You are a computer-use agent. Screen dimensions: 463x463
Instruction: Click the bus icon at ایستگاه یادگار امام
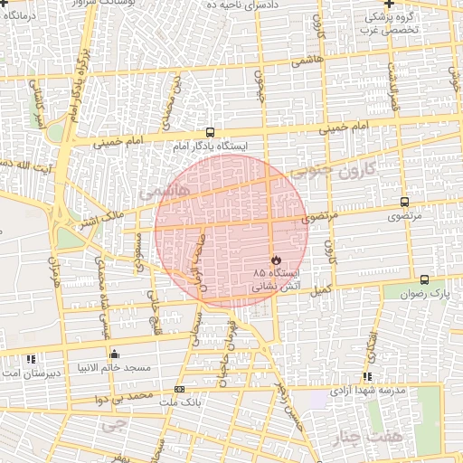coord(210,131)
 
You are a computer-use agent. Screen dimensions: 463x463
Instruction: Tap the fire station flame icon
coord(276,260)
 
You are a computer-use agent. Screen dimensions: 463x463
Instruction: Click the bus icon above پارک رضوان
coord(425,279)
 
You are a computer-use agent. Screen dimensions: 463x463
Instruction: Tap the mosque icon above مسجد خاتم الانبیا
coord(114,353)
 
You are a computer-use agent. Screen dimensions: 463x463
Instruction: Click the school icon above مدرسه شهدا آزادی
coord(367,377)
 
